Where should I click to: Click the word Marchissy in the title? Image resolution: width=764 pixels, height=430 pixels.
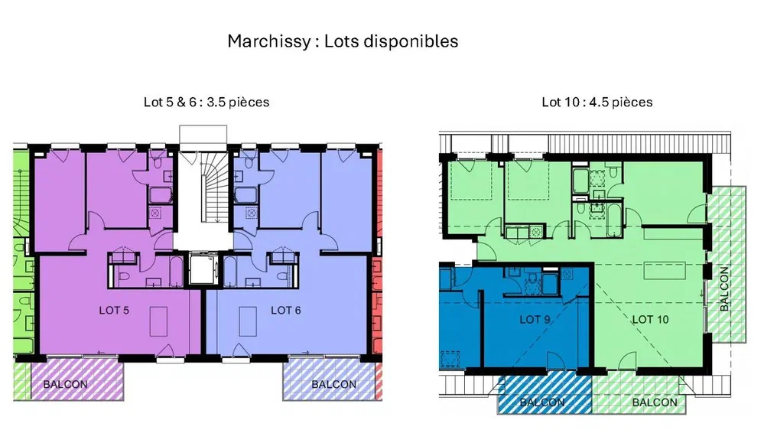coord(268,41)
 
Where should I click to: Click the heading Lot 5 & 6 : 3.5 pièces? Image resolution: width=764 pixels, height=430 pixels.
coord(206,103)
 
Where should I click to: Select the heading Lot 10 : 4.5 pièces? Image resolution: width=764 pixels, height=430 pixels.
coord(597,103)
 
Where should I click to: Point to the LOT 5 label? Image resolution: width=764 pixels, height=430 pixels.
coord(114,311)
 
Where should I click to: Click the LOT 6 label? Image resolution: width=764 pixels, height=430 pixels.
coord(285,311)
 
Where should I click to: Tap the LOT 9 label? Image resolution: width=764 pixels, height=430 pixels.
coord(535,320)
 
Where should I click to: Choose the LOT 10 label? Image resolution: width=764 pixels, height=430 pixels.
coord(651,320)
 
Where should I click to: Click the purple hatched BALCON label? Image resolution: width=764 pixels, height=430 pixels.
coord(65,385)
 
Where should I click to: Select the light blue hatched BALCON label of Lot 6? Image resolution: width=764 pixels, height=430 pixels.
coord(333,385)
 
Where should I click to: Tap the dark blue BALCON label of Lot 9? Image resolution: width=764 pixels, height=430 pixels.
coord(541,402)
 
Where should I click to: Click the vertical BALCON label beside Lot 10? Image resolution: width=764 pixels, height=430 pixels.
coord(724,289)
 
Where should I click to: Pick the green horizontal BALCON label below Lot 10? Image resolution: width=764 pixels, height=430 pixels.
coord(655,402)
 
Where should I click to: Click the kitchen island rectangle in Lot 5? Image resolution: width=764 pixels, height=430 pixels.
coord(158,321)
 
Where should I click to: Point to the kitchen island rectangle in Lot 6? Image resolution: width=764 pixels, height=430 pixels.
coord(248,321)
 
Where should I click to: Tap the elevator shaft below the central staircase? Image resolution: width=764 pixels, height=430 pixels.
coord(203,269)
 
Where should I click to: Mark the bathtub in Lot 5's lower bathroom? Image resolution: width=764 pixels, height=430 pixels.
coord(177,272)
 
